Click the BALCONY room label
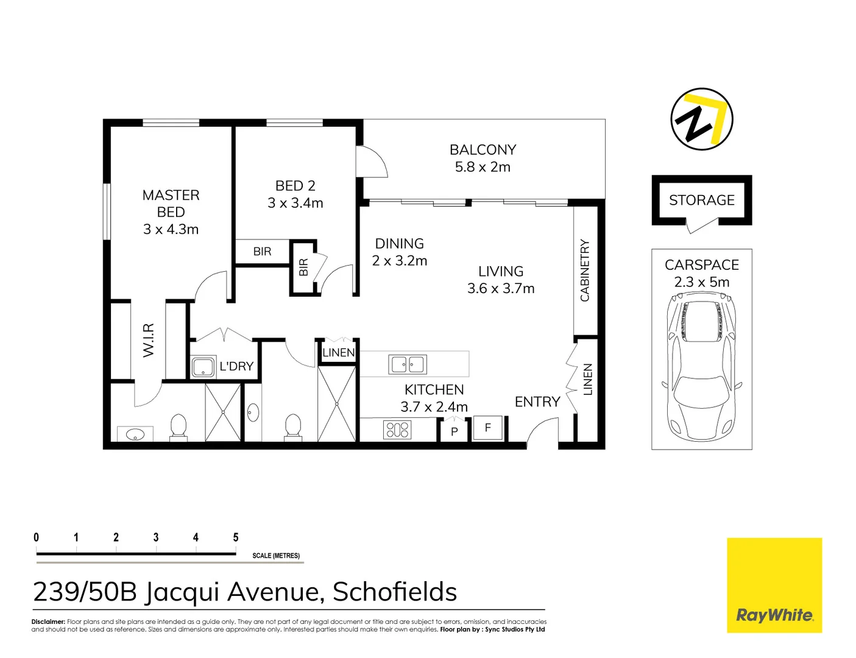click(483, 150)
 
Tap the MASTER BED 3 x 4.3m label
click(171, 212)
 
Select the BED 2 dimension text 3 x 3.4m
click(295, 203)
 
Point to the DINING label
click(399, 244)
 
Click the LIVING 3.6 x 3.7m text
click(501, 280)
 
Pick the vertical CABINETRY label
click(585, 271)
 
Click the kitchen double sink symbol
click(408, 365)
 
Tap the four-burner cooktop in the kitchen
click(397, 430)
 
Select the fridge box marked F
click(487, 428)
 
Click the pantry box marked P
click(454, 431)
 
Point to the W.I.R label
click(149, 341)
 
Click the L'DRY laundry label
click(236, 366)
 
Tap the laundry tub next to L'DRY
click(202, 367)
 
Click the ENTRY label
click(537, 402)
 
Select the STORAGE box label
click(702, 200)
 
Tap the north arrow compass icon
click(701, 119)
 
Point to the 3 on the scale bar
click(156, 537)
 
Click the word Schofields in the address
click(395, 592)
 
